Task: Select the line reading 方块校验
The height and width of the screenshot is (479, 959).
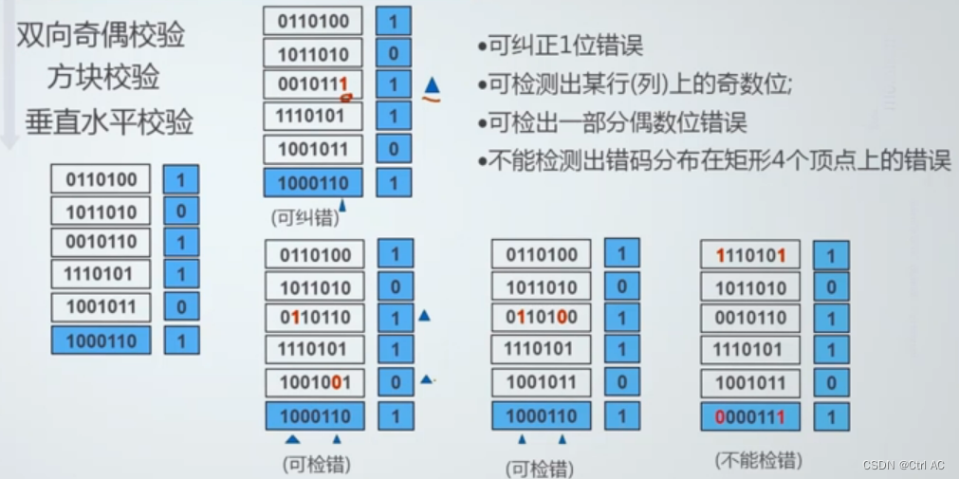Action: pyautogui.click(x=103, y=78)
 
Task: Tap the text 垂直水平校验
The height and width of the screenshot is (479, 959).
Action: pyautogui.click(x=109, y=122)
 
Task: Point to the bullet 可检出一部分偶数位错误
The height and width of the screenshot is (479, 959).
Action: pyautogui.click(x=612, y=122)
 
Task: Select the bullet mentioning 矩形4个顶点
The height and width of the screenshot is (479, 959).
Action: pyautogui.click(x=714, y=160)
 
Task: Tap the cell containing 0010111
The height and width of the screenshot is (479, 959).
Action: pyautogui.click(x=313, y=84)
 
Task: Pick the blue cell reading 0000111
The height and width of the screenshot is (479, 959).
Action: pyautogui.click(x=750, y=415)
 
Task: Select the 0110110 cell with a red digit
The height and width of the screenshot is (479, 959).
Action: pyautogui.click(x=314, y=318)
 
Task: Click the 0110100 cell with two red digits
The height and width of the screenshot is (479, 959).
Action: pyautogui.click(x=541, y=318)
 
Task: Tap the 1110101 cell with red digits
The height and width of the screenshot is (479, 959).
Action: pyautogui.click(x=750, y=255)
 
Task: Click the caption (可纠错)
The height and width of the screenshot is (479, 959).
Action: pyautogui.click(x=304, y=217)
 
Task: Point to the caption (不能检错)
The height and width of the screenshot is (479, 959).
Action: pyautogui.click(x=758, y=461)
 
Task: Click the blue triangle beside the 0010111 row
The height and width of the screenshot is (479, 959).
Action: pyautogui.click(x=433, y=83)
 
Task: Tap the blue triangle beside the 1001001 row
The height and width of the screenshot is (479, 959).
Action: pyautogui.click(x=426, y=380)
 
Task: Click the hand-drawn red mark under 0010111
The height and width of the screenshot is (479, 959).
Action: pyautogui.click(x=346, y=96)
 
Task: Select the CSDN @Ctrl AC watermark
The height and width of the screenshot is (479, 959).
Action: pyautogui.click(x=903, y=466)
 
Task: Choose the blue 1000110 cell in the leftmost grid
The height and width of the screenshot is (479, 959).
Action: pyautogui.click(x=101, y=341)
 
